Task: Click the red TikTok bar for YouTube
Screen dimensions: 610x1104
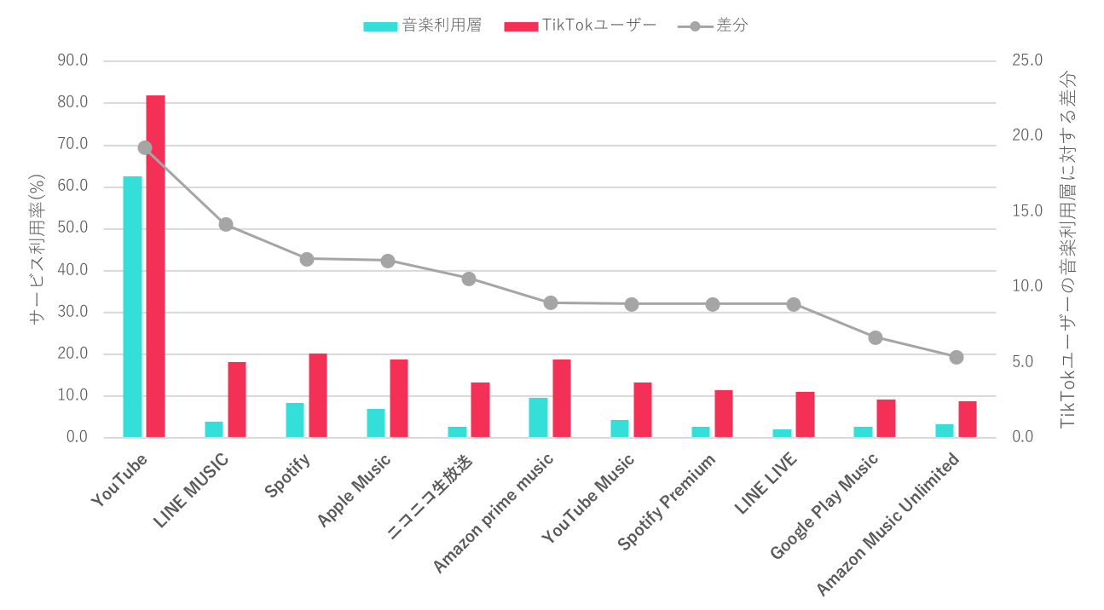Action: click(155, 266)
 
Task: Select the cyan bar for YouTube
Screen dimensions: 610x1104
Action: click(132, 307)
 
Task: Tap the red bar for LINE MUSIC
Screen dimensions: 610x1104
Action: click(236, 399)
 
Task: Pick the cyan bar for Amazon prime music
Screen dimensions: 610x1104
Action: click(538, 417)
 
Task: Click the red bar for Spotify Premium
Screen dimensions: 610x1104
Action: click(724, 413)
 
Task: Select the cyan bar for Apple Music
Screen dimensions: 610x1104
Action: click(376, 423)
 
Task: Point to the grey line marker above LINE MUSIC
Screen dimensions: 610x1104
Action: click(226, 224)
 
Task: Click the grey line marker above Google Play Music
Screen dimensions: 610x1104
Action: click(876, 337)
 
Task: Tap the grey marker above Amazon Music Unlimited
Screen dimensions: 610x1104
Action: click(957, 357)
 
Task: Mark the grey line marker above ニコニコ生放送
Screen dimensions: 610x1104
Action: click(469, 279)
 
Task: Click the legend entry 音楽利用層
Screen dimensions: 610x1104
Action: click(422, 26)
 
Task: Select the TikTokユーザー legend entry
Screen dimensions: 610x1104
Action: click(581, 26)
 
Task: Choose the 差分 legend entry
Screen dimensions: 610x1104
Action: click(713, 26)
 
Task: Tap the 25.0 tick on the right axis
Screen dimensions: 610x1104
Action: click(1027, 60)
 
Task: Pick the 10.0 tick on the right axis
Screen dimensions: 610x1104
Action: click(1027, 286)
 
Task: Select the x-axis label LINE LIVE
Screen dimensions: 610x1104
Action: click(766, 484)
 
